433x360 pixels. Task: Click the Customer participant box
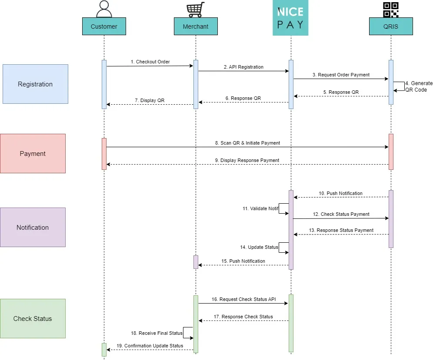[104, 26]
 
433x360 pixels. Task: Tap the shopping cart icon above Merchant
[196, 10]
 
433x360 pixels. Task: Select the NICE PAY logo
[290, 18]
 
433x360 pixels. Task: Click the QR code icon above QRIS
[391, 10]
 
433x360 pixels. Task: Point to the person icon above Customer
[104, 9]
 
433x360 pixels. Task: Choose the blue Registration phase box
[35, 84]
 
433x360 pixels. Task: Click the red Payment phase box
[33, 154]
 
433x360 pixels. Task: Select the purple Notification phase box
[33, 227]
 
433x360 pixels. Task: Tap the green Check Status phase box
[33, 319]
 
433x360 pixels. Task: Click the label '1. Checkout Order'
[150, 62]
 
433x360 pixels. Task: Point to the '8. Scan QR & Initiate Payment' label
[247, 143]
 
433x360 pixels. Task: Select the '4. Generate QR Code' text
[419, 86]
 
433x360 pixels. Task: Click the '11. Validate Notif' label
[260, 208]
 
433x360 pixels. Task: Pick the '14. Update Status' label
[259, 247]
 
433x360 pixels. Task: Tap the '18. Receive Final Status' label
[157, 333]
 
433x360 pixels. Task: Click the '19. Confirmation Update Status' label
[150, 346]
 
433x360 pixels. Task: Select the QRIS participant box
[391, 26]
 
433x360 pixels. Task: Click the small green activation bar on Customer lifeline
[104, 350]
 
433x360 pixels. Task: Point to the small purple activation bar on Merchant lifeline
[196, 262]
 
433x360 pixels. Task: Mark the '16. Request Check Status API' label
[243, 299]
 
